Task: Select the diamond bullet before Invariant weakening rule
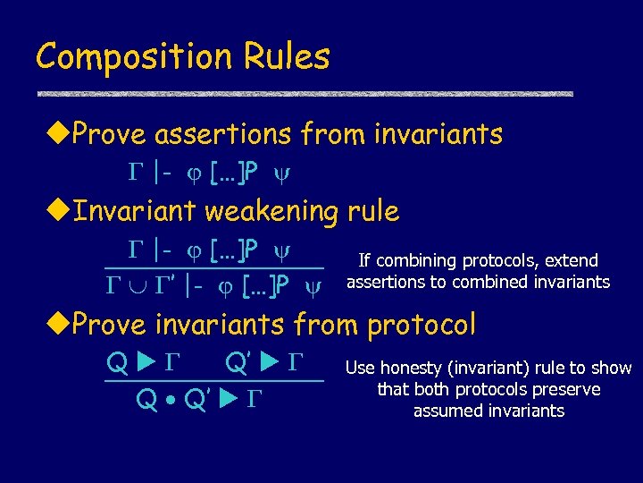59,212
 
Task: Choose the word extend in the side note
571,261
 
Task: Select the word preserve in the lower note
567,390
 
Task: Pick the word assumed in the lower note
445,411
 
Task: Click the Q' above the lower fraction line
238,363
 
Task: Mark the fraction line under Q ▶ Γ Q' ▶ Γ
214,382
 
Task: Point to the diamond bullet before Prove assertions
59,135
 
